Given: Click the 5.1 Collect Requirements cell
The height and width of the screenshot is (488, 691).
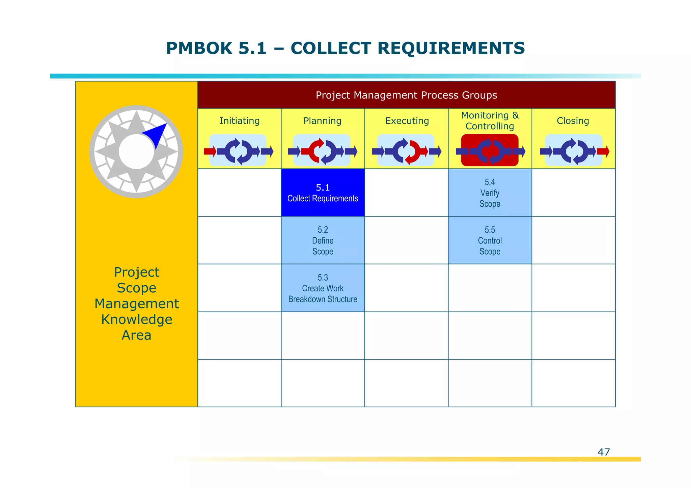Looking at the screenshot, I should (323, 193).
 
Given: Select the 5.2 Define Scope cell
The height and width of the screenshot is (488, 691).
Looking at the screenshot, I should (323, 240).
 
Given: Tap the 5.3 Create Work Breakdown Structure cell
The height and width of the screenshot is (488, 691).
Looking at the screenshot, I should (323, 288).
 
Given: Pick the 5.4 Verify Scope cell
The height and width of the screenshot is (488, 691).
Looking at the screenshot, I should (490, 193).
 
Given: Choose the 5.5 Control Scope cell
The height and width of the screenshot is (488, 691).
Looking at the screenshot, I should (490, 240).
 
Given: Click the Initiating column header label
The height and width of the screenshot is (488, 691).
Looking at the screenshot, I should (240, 121).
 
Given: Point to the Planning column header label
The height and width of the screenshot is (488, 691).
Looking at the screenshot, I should (322, 121).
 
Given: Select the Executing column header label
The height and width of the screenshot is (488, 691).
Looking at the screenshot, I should (407, 121).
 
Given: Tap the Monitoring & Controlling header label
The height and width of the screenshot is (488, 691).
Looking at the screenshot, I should (490, 121).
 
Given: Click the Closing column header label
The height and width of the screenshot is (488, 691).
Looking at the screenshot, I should (573, 121).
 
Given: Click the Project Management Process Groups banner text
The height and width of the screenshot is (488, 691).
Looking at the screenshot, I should (406, 95).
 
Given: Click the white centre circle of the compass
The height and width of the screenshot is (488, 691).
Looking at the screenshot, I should (136, 152).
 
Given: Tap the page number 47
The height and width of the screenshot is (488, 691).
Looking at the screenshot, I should (604, 452).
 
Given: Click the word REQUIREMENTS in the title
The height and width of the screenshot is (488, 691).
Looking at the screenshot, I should (451, 48).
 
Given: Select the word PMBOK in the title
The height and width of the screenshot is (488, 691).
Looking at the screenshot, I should (199, 48).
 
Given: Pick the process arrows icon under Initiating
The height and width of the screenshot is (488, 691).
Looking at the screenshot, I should (238, 151).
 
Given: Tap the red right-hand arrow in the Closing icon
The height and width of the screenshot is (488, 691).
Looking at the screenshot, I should (603, 151).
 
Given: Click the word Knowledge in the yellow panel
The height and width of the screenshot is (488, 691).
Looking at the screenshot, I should (137, 319).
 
